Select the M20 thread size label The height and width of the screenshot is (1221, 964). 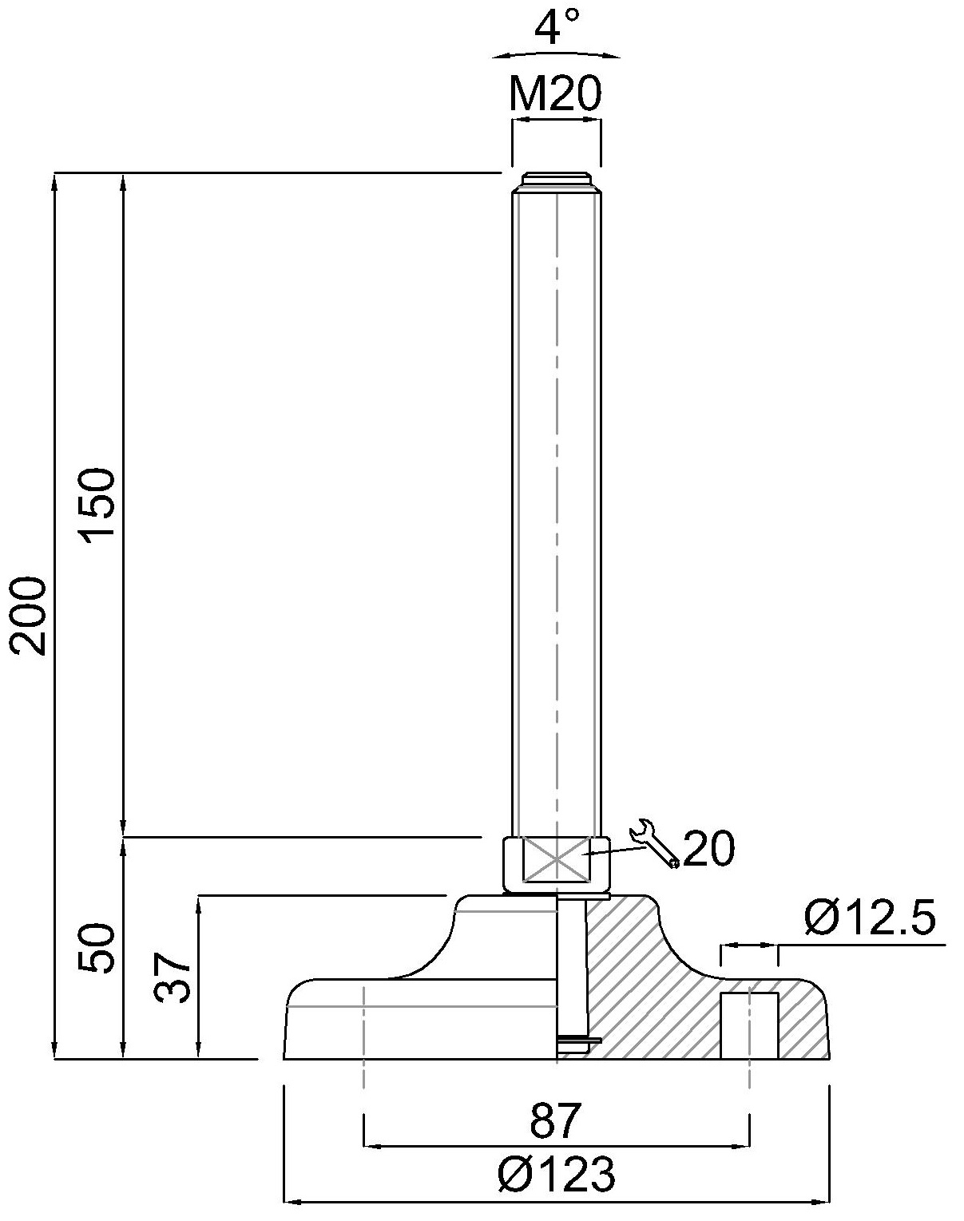pos(555,93)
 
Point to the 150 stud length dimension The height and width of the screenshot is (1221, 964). pos(97,505)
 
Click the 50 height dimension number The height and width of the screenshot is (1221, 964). pos(97,948)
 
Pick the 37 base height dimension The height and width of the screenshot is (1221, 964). pos(173,977)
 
